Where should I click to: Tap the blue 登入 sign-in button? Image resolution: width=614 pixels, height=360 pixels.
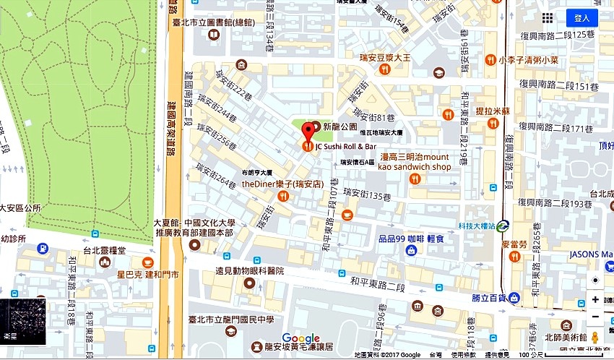pos(581,18)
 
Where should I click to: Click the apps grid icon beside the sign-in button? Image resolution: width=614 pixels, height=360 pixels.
pos(548,18)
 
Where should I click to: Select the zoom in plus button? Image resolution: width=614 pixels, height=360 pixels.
pos(595,299)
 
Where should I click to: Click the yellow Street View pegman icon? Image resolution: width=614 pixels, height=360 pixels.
pos(595,338)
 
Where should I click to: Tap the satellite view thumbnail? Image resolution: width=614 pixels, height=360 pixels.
pos(23,321)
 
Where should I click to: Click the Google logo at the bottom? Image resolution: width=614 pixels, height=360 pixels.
pos(300,338)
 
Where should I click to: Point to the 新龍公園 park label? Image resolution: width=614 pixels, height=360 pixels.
pos(340,127)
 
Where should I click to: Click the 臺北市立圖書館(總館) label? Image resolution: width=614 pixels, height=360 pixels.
pos(220,22)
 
